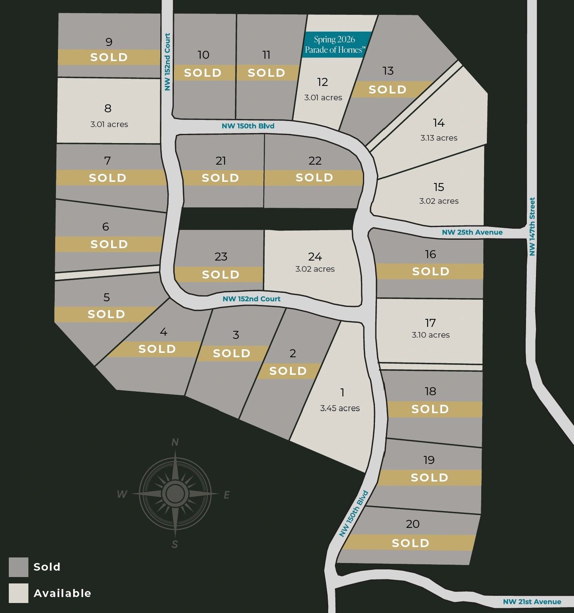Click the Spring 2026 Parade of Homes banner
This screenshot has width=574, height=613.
click(x=334, y=44)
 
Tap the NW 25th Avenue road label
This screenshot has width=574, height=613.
click(x=472, y=232)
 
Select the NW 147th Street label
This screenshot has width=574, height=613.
click(x=532, y=227)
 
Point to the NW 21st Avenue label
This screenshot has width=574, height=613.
click(x=532, y=602)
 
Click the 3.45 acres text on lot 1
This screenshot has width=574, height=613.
click(x=340, y=408)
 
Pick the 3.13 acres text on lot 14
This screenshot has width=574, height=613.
click(x=438, y=138)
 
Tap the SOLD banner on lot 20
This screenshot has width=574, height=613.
click(x=410, y=543)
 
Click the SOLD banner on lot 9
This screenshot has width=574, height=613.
click(x=109, y=57)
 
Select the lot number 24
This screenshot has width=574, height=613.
click(x=315, y=257)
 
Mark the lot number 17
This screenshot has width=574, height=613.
click(x=430, y=322)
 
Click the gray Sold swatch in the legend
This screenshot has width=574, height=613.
click(x=18, y=567)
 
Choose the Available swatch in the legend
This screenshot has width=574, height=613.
click(x=18, y=593)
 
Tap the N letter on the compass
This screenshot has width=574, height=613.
click(x=175, y=442)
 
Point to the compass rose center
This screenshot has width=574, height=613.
click(x=175, y=494)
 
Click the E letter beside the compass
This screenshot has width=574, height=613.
click(x=227, y=495)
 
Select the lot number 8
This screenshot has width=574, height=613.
click(x=108, y=108)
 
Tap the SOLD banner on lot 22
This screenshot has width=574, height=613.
click(x=314, y=177)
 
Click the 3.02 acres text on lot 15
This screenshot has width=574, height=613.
click(x=438, y=201)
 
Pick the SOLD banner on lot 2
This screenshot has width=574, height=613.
click(x=288, y=371)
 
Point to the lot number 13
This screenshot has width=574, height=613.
click(x=388, y=71)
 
